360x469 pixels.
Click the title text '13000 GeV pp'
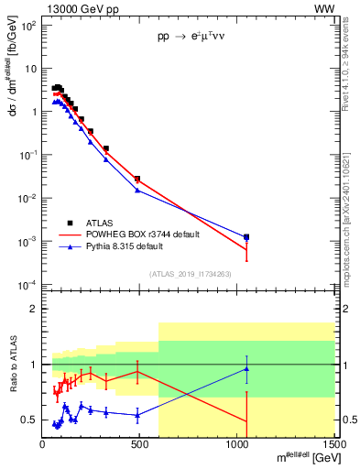(x=81, y=8)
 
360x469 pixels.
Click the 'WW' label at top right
(x=324, y=8)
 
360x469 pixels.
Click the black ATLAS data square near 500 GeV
(x=137, y=179)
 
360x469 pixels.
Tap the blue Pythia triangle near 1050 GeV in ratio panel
(x=246, y=369)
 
